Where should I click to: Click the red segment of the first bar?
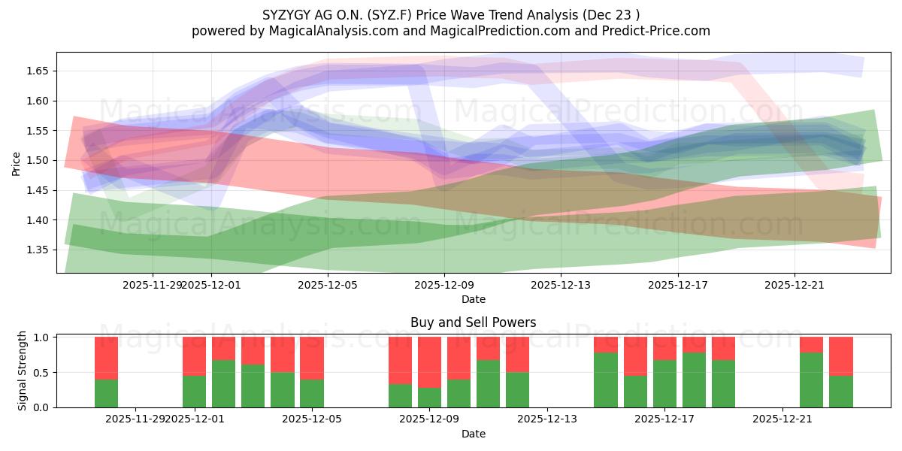[106, 358]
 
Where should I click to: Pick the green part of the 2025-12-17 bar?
[664, 383]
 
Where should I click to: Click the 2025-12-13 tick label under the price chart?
[561, 285]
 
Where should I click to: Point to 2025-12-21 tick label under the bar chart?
[782, 419]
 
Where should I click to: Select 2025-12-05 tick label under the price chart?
[328, 285]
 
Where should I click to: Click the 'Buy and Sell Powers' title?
[473, 322]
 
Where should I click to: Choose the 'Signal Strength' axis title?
[23, 371]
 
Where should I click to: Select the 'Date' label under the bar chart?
[473, 434]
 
